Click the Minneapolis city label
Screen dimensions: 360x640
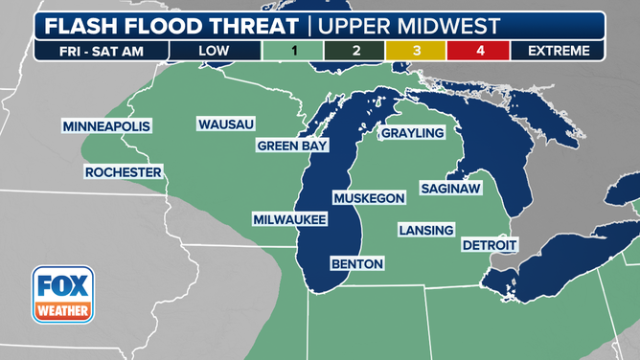[x=107, y=126]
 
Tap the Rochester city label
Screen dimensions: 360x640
[x=123, y=172]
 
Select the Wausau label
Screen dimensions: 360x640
[x=226, y=124]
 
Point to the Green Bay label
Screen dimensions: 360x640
[x=292, y=146]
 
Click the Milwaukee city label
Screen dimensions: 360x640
[x=290, y=220]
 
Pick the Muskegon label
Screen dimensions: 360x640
[x=369, y=197]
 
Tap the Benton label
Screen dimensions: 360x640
[x=356, y=263]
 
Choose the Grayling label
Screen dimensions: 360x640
[x=414, y=133]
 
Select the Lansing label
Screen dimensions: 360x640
[x=427, y=230]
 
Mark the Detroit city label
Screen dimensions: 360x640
[x=489, y=245]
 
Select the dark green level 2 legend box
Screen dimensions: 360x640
[x=357, y=50]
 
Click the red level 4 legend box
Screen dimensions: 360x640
[x=479, y=50]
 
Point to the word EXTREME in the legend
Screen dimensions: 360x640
[x=558, y=50]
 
